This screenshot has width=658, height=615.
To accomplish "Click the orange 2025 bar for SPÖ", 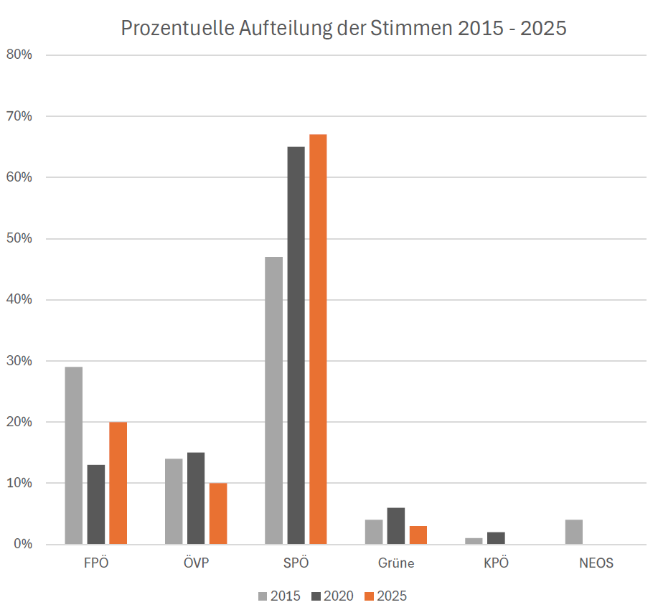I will tap(318, 339).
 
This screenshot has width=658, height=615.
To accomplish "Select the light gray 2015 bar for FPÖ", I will tap(74, 455).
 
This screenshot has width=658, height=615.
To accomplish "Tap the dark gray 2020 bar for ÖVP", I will tap(196, 498).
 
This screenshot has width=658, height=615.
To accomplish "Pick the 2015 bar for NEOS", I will tap(574, 532).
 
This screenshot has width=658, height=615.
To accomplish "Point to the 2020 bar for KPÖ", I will tap(496, 537).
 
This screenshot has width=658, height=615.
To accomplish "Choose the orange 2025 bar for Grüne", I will tap(418, 535).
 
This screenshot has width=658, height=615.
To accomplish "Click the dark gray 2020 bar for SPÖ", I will tap(296, 345).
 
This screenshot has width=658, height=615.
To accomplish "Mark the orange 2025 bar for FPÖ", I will tap(118, 483).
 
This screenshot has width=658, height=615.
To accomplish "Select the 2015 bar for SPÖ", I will tap(273, 400).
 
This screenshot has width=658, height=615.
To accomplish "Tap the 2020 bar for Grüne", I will tap(396, 526).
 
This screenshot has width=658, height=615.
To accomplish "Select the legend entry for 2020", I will tap(332, 596).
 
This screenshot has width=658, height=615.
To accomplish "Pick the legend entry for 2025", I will tap(385, 596).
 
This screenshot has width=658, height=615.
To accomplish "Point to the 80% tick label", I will tap(19, 55).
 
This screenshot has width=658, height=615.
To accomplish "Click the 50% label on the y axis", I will tap(19, 238).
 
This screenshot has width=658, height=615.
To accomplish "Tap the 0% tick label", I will tap(22, 544).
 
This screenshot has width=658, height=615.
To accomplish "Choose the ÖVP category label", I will tap(196, 563).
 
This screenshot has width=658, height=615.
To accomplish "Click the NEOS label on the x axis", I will tap(596, 563).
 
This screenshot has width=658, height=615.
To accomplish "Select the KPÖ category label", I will tap(496, 563).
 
